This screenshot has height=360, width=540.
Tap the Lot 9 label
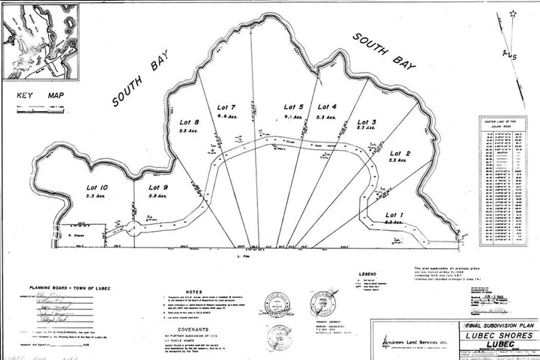pyautogui.click(x=157, y=187)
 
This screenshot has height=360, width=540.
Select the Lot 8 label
pyautogui.click(x=189, y=122)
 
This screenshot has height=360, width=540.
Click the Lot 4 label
pyautogui.click(x=327, y=107)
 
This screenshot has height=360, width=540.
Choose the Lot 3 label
pyautogui.click(x=367, y=122)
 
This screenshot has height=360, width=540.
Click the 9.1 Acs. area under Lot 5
pyautogui.click(x=293, y=118)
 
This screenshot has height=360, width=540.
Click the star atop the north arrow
pyautogui.click(x=514, y=13)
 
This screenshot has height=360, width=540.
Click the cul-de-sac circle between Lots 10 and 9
pyautogui.click(x=132, y=229)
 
